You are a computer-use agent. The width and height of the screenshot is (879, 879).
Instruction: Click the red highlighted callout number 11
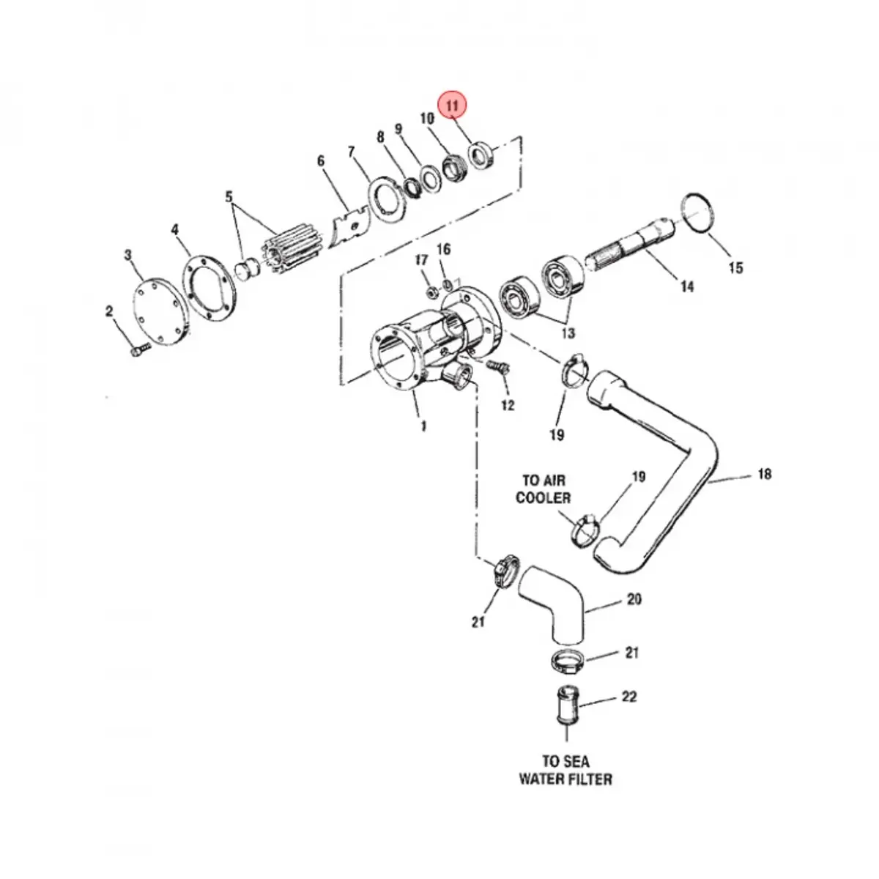pos(452,106)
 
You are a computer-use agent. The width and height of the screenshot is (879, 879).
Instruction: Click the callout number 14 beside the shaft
pos(687,287)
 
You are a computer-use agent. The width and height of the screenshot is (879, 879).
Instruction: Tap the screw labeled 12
pos(497,366)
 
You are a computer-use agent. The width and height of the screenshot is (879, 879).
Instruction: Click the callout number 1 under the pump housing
pos(423,426)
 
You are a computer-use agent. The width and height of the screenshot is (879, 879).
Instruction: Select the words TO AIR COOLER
pos(544,489)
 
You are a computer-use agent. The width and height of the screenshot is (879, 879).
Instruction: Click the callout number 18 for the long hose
pos(765,474)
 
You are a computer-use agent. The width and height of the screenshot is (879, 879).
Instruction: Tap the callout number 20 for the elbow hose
pos(634,598)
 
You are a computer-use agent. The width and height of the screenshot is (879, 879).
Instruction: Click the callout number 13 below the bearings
pos(568,333)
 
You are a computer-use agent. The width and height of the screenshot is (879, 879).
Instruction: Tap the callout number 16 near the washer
pos(443,250)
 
